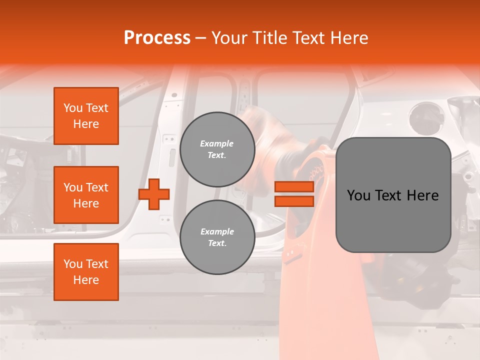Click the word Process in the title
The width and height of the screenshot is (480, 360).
(x=157, y=38)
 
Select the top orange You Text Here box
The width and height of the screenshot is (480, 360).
(x=86, y=116)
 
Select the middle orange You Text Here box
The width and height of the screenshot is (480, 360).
(x=86, y=195)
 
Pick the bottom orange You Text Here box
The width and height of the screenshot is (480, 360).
(x=86, y=272)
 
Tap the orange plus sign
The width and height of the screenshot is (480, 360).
(x=154, y=194)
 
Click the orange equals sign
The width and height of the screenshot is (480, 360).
(x=294, y=194)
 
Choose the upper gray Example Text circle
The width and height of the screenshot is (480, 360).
(x=217, y=149)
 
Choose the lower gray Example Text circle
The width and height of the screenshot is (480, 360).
(x=217, y=237)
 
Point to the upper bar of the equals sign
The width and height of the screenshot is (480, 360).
(x=294, y=187)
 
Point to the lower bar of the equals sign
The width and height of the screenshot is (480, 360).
(x=294, y=201)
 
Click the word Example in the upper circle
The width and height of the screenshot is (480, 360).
(x=216, y=144)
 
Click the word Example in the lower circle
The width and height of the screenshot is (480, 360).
(x=217, y=232)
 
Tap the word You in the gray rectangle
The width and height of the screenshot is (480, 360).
(x=359, y=195)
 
